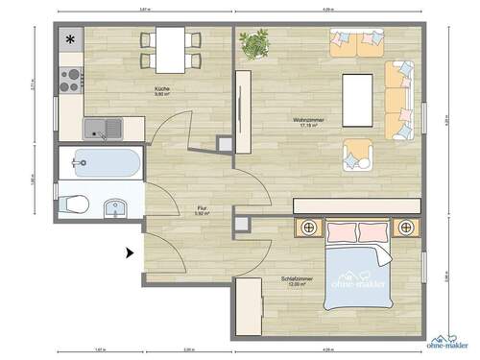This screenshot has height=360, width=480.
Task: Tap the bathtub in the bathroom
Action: click(x=100, y=163)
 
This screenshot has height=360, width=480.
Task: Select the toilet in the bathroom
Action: click(x=74, y=204)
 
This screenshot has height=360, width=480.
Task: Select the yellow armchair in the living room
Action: click(x=357, y=154)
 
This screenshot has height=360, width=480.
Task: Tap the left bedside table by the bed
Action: click(x=309, y=228)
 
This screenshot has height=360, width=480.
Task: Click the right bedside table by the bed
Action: click(x=407, y=228)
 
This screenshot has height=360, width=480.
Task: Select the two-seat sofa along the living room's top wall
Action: click(x=351, y=42)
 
